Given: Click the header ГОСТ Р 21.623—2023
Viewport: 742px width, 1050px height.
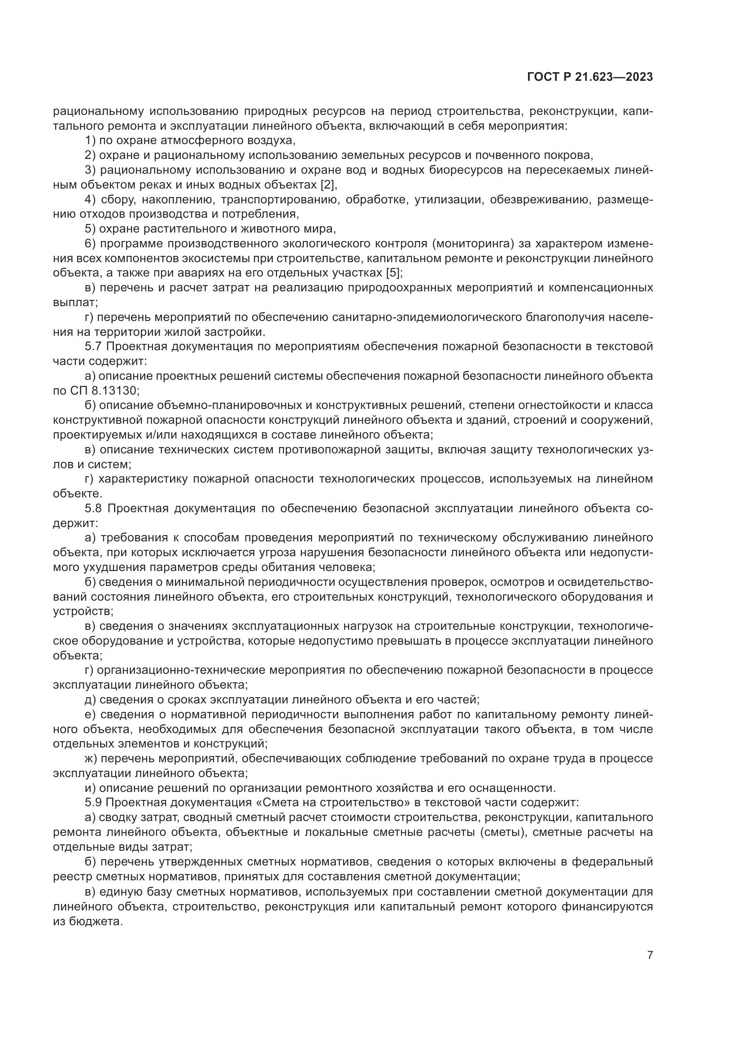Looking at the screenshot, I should point(590,77).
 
